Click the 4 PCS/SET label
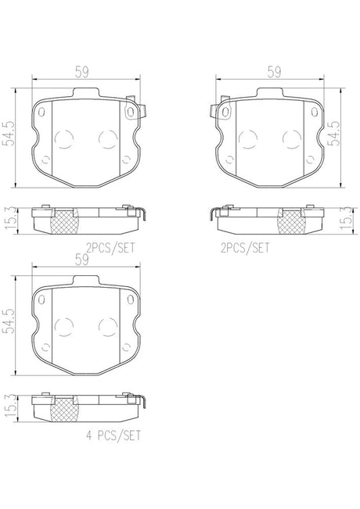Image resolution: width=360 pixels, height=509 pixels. click(113, 436)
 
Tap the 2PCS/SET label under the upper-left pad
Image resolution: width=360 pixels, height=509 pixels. click(110, 248)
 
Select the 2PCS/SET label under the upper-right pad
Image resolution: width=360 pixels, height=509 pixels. click(245, 248)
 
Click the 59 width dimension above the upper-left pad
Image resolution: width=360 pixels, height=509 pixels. click(82, 72)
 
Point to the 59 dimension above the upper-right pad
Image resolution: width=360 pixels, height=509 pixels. click(274, 72)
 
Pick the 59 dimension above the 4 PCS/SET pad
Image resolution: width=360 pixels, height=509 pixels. click(82, 260)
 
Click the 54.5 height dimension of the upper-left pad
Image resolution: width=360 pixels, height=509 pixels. click(9, 134)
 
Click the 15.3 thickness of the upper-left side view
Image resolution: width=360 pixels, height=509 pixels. click(9, 220)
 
